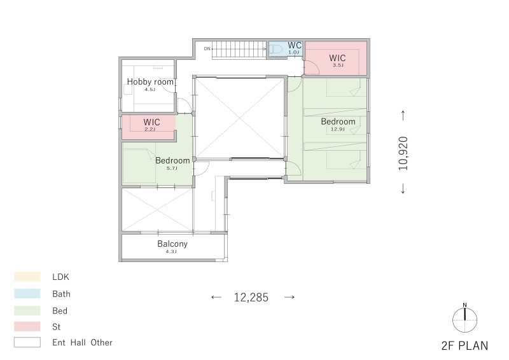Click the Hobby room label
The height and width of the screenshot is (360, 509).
pos(150,81)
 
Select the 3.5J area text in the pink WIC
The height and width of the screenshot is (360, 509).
pos(337,65)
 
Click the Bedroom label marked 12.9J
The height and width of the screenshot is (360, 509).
pos(338,121)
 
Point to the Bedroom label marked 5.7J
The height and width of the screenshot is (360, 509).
pos(172,160)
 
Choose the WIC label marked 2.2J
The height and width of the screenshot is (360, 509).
pos(151,121)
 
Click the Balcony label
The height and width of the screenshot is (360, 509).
pos(172,244)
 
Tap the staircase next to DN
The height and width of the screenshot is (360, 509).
pos(239,48)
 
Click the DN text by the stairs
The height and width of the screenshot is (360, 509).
pos(207,48)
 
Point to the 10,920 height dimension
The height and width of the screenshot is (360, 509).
pos(403,153)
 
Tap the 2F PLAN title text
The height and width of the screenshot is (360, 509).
pos(464,346)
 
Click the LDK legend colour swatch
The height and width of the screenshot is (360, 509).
pos(27,277)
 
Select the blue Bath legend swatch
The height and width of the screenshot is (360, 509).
pos(27,294)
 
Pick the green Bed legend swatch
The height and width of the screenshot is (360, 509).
pos(27,310)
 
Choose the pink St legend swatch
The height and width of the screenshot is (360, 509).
pos(27,326)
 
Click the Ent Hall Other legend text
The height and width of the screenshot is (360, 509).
pos(82,342)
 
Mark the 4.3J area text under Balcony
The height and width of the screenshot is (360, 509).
pos(172,251)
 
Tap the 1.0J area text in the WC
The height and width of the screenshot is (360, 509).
pos(294,52)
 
